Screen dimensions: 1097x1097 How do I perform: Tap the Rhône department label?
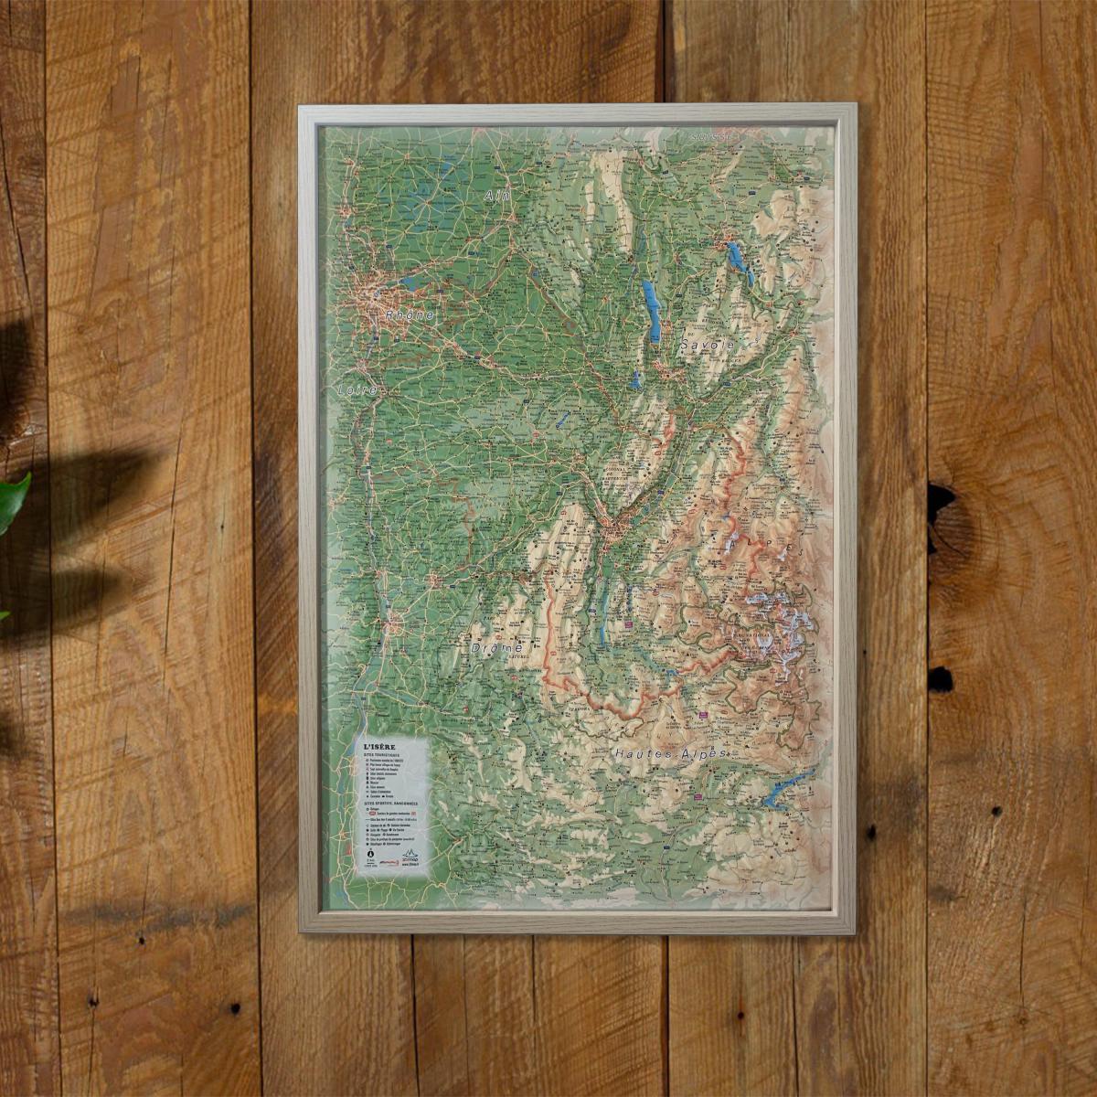click(x=409, y=314)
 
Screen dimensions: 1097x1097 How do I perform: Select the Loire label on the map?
click(x=357, y=389)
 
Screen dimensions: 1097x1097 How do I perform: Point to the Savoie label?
click(x=708, y=346)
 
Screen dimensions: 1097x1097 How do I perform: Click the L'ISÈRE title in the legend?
click(x=380, y=746)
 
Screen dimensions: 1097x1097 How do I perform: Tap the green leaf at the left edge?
click(x=11, y=498)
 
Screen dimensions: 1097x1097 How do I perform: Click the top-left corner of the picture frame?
click(x=302, y=108)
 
